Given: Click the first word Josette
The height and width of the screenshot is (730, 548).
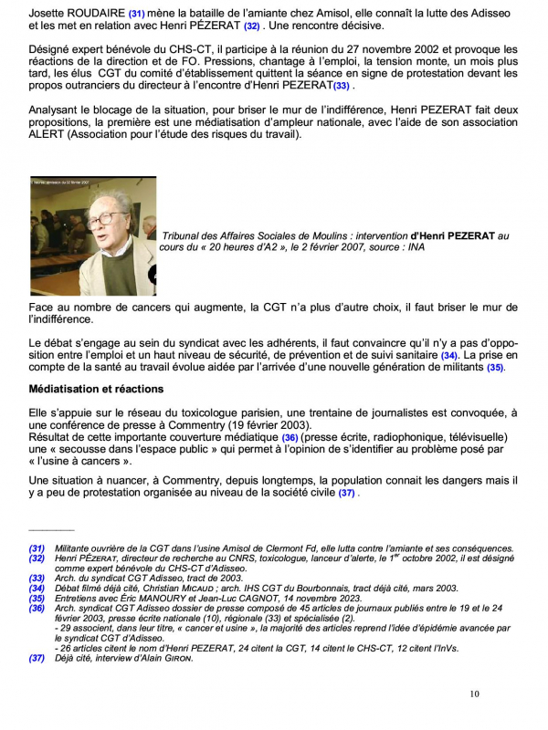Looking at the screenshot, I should pyautogui.click(x=47, y=15).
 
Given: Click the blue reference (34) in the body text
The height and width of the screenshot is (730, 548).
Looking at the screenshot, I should pyautogui.click(x=448, y=353).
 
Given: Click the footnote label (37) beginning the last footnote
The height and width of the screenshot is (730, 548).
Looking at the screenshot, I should pyautogui.click(x=37, y=658).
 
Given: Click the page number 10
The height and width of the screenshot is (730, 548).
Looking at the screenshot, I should pyautogui.click(x=474, y=694).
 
